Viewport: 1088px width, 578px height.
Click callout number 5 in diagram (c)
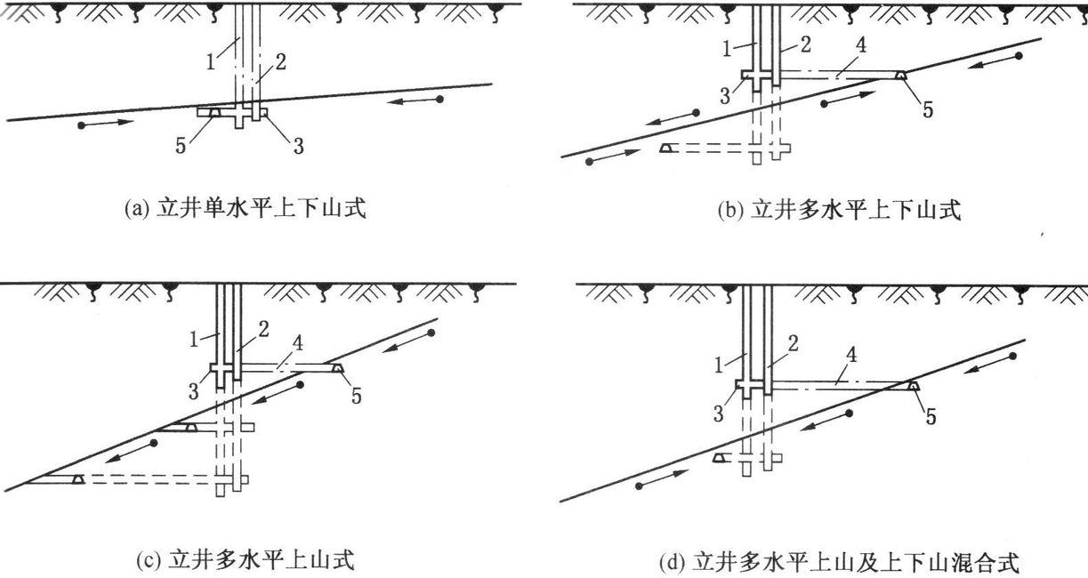pyautogui.click(x=357, y=397)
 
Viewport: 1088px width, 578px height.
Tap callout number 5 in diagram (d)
pyautogui.click(x=931, y=418)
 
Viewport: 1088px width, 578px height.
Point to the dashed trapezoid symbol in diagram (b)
pyautogui.click(x=665, y=148)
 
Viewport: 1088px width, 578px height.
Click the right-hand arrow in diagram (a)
pyautogui.click(x=415, y=101)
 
